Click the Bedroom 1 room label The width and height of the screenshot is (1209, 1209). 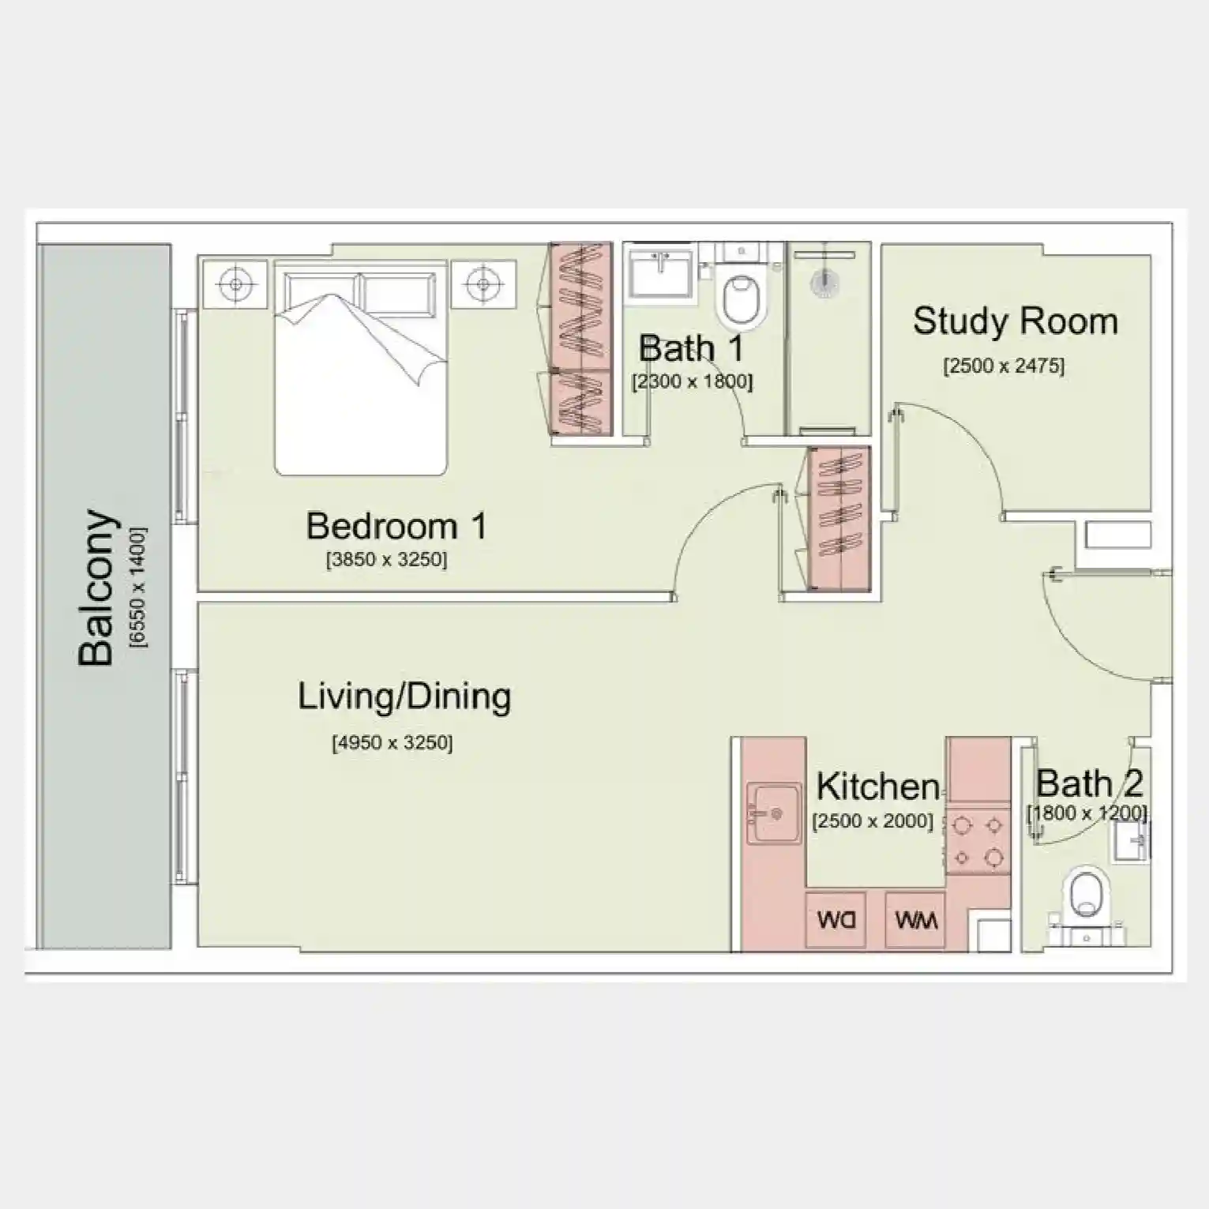coord(396,526)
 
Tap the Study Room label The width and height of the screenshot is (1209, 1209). coord(1015,321)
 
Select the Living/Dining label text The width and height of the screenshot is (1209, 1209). coord(404,696)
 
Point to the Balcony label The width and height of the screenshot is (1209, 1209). coord(97,588)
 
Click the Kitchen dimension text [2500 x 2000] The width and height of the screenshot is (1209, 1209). coord(872,821)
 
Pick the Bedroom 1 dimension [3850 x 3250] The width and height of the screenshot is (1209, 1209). coord(386,560)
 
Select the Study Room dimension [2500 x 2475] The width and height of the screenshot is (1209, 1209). coord(1003,366)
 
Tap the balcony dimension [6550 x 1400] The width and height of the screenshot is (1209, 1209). coord(138,588)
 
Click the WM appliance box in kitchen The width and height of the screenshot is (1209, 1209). coord(915,920)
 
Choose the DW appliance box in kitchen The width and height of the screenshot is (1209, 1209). coord(835,920)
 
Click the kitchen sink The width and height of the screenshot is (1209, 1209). coord(773,813)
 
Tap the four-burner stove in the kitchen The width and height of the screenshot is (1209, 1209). coord(978,841)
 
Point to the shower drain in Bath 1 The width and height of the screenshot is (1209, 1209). coord(824,285)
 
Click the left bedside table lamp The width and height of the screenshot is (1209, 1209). coord(235,283)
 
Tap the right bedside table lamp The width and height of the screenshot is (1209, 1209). coord(482,283)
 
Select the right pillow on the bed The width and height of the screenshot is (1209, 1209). coord(398,294)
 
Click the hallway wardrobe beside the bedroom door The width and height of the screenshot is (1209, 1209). coord(839,518)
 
